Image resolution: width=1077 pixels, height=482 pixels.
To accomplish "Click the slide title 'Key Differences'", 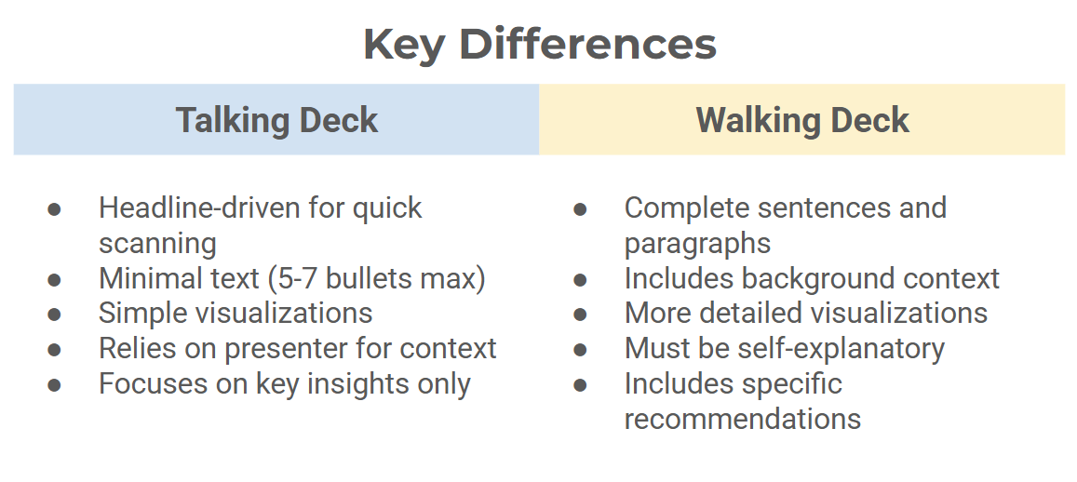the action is (540, 45).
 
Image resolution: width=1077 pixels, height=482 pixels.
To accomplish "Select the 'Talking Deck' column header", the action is (276, 120).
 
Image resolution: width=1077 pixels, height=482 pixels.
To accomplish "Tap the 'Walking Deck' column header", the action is (802, 120).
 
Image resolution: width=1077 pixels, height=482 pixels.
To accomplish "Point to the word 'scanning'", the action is (157, 244).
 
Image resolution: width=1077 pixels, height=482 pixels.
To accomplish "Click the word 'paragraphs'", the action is (698, 244).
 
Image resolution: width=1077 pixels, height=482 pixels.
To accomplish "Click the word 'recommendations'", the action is (743, 419).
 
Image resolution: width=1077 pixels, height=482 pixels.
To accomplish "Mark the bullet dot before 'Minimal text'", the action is (54, 280).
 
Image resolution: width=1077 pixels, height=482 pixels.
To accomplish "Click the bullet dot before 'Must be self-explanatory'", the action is (581, 350).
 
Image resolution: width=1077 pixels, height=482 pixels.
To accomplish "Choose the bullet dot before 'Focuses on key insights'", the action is (54, 385).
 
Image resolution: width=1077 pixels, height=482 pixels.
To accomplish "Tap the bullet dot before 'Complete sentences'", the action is (581, 209).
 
